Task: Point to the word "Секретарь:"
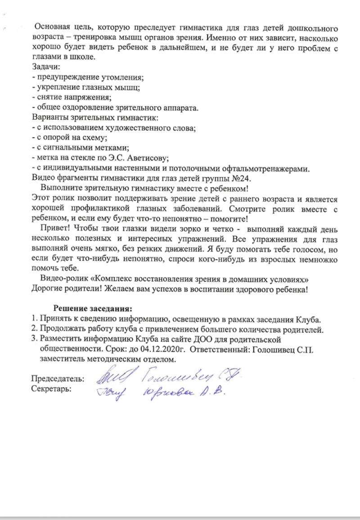coord(51,388)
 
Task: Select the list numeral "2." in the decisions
coord(35,330)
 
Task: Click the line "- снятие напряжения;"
coord(72,96)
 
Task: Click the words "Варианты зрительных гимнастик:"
coord(95,118)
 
